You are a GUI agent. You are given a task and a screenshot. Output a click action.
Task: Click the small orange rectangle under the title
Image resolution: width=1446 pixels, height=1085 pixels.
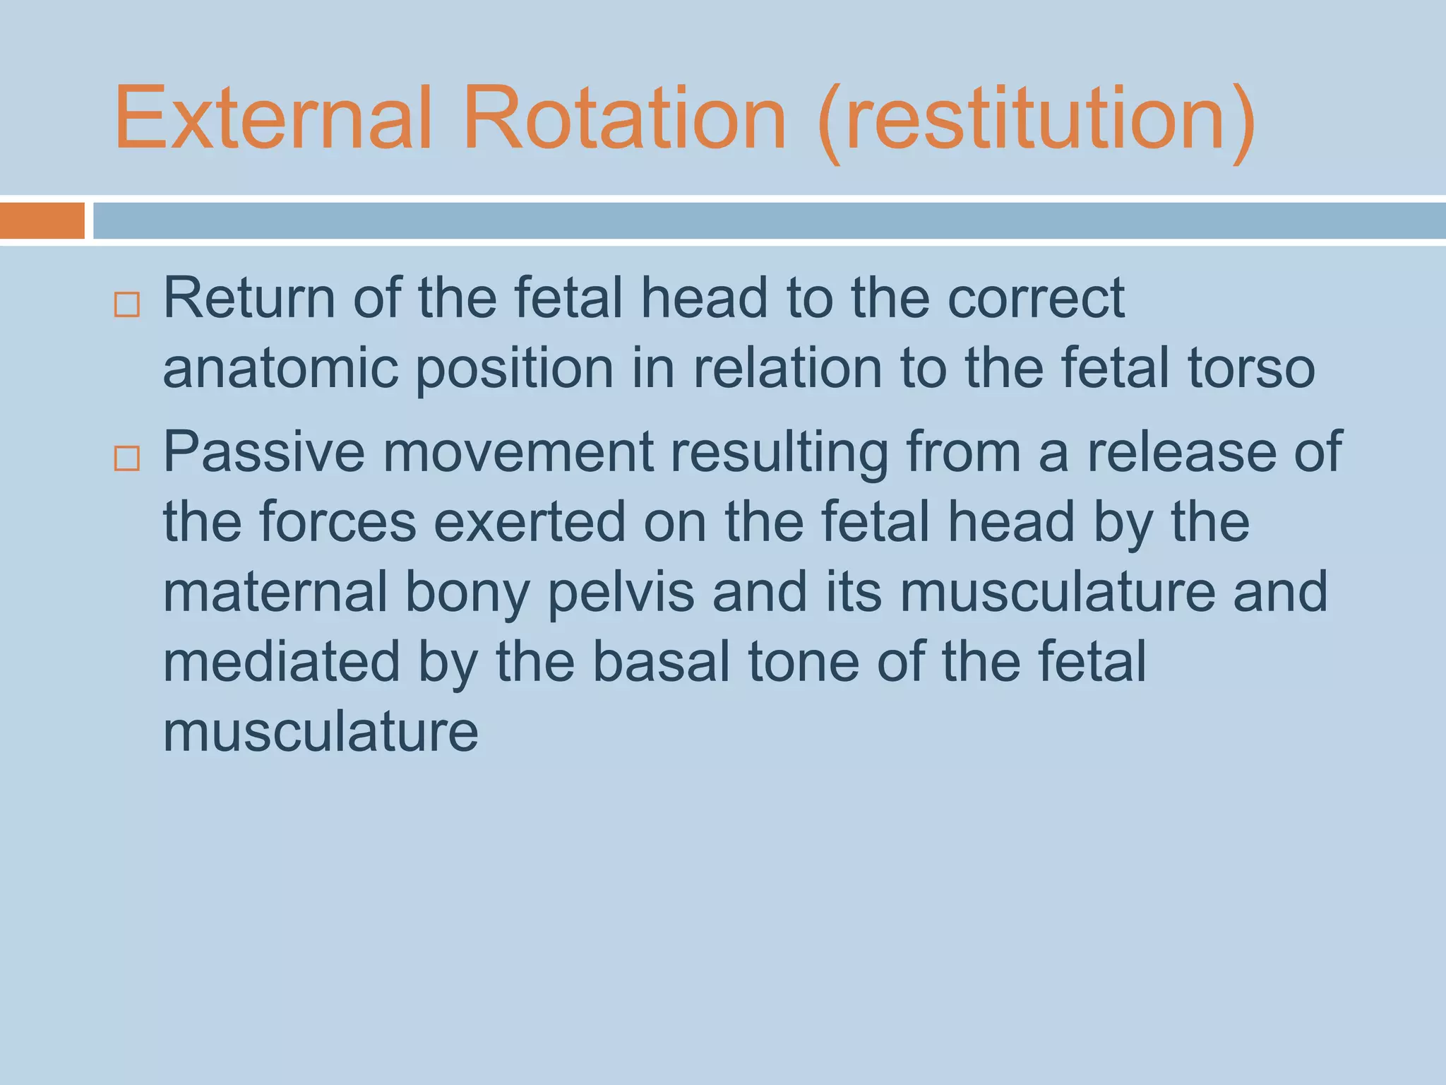(42, 220)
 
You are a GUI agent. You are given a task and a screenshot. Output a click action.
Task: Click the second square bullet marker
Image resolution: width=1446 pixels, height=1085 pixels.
(127, 458)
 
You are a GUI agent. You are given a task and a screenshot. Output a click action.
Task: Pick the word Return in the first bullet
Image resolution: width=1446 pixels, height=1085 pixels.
(249, 298)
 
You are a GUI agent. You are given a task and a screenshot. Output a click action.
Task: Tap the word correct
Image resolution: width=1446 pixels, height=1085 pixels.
(1035, 298)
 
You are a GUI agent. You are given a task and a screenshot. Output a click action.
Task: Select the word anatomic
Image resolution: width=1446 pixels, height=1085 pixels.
(280, 368)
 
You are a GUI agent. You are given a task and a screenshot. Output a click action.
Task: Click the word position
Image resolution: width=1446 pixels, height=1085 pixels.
(515, 369)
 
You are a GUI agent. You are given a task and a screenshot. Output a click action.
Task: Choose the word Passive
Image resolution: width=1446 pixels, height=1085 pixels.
(264, 452)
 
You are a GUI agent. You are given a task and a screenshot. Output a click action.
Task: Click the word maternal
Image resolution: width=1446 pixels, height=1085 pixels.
(275, 592)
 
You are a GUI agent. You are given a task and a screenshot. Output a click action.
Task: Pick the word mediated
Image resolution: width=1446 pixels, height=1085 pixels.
(282, 662)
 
